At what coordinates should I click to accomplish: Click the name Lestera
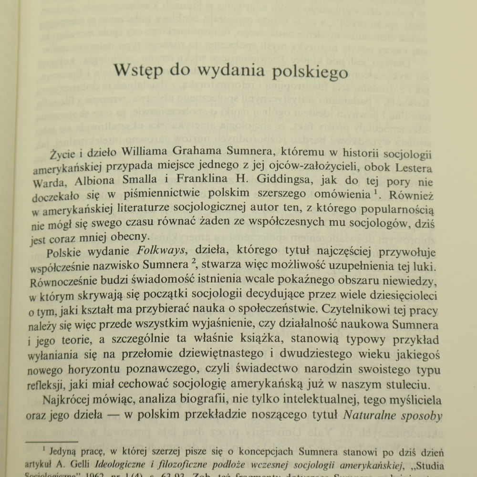[x=410, y=168]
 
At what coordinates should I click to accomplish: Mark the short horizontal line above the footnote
[x=52, y=442]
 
